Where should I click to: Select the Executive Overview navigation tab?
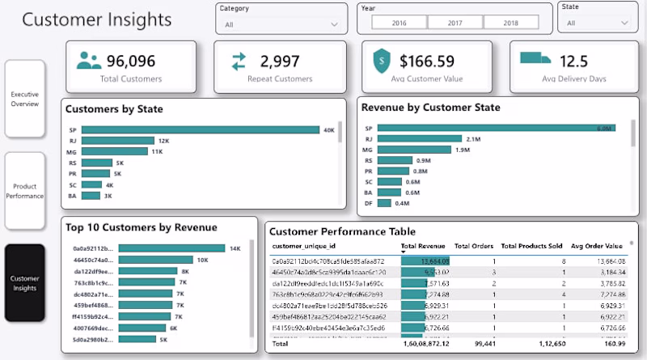24,100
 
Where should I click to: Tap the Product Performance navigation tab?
24,191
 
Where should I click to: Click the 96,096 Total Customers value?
130,61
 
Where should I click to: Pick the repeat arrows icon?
239,61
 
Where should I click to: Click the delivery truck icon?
535,58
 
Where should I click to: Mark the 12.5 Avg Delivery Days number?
573,61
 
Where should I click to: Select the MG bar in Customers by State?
115,151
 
